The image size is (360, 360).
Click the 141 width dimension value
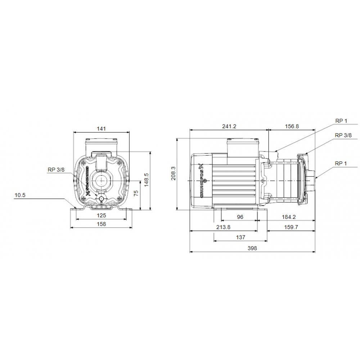102,129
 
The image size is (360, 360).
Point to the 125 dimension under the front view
102,216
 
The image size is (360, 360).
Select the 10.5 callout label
21,195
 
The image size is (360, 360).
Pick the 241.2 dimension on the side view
229,126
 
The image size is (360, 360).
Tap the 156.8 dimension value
292,126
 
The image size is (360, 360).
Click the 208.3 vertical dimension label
173,173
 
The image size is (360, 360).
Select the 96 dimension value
240,217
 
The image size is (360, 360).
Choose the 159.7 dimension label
291,227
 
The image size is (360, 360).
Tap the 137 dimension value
240,237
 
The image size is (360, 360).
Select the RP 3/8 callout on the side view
343,135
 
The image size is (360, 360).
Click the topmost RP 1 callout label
341,121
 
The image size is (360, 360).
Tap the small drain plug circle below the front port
102,199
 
